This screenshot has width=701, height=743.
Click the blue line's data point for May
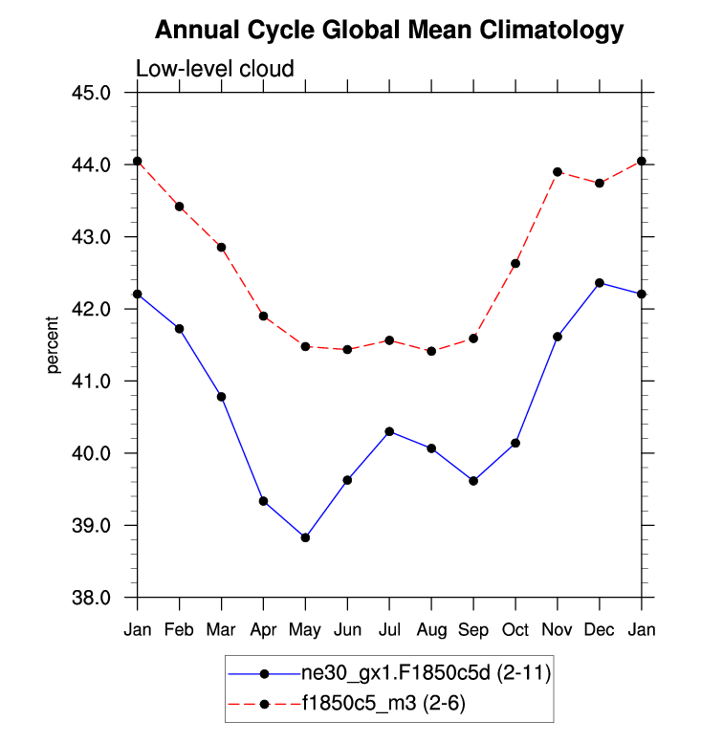pos(305,537)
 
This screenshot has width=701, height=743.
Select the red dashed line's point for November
pos(558,172)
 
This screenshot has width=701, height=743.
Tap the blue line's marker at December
pos(600,283)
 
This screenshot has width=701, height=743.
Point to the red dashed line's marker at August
pos(431,351)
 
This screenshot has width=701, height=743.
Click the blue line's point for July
pos(389,431)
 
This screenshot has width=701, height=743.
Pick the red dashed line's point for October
pos(515,263)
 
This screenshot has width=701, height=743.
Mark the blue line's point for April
pos(263,501)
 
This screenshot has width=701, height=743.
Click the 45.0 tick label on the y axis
pos(92,93)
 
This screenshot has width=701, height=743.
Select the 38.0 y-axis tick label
pos(92,598)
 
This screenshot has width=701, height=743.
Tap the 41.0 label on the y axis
pos(92,382)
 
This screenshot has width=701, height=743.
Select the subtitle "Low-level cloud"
pos(214,69)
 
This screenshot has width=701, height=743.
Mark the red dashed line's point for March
pos(221,247)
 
